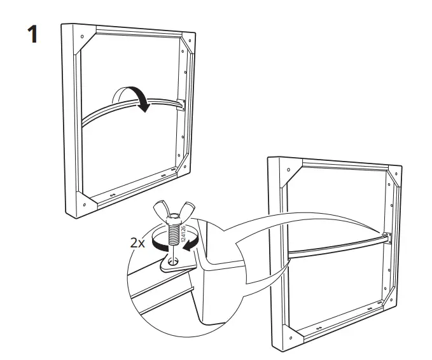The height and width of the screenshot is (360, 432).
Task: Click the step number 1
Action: coord(31,34)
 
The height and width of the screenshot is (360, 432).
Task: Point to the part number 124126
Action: coord(184,235)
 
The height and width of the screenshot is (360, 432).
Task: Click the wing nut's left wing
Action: coord(159,211)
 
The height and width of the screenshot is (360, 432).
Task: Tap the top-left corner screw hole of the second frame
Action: coord(277,170)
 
